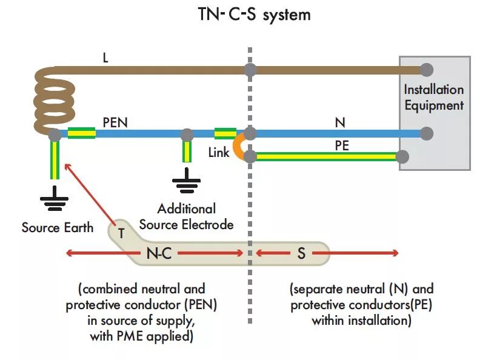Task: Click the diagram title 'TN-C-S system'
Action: [x=254, y=15]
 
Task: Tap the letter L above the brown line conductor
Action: [x=105, y=58]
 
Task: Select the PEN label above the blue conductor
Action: [x=115, y=122]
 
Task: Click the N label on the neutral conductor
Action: [x=340, y=122]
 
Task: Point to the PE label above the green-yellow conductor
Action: [x=342, y=145]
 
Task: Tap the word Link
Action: [x=219, y=153]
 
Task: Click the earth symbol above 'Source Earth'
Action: [x=54, y=198]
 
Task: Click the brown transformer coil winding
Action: [x=53, y=101]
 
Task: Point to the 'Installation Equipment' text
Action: [x=434, y=98]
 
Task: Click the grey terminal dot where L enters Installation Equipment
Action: [x=427, y=70]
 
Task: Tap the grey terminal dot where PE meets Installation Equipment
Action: [x=402, y=156]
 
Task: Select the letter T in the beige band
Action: [x=121, y=233]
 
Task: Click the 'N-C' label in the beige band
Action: [x=159, y=253]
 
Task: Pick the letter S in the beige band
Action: [x=301, y=253]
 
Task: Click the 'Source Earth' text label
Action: [x=58, y=227]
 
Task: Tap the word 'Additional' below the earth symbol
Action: [x=187, y=209]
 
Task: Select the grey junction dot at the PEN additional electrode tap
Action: [x=187, y=135]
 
